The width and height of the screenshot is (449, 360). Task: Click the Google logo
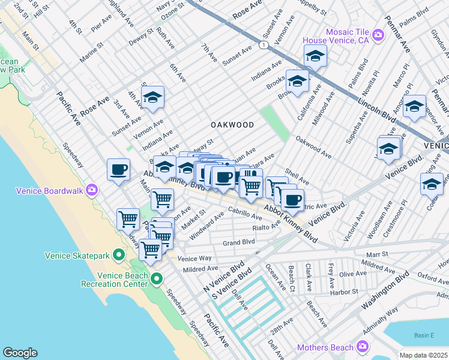point(20,353)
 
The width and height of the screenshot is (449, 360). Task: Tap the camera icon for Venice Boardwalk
point(92,190)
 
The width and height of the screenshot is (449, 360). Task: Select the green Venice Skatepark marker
point(119,256)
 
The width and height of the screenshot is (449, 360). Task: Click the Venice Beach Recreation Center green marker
point(157,278)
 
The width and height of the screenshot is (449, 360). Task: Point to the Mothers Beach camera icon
point(362,346)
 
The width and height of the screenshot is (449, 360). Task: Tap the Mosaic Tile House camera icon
point(378,35)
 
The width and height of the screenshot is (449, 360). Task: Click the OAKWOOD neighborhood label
point(232,125)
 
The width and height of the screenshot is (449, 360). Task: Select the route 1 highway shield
point(262,45)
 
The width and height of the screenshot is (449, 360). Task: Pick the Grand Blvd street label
point(240,242)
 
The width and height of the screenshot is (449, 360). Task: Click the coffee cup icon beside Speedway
point(119,169)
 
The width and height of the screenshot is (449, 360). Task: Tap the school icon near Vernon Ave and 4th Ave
point(153,98)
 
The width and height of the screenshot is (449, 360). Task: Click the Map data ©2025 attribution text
point(424,355)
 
